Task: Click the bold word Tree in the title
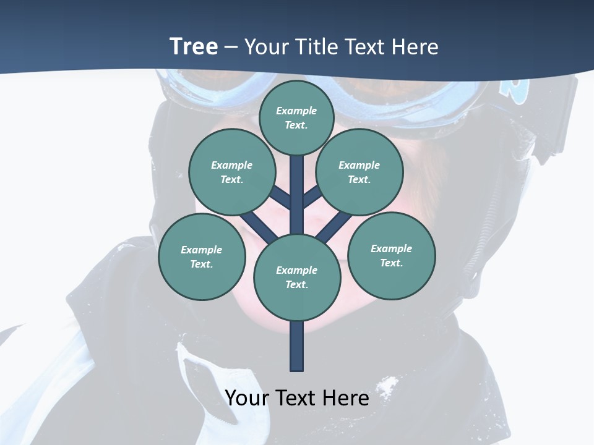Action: pos(194,46)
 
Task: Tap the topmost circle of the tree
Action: pos(296,117)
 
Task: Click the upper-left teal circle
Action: pos(231,172)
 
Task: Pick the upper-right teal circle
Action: pos(359,172)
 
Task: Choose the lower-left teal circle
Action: pos(202,256)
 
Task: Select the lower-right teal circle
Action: pos(392,255)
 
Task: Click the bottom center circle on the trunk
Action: pos(296,277)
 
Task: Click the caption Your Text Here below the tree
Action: pos(297,398)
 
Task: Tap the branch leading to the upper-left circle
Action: pos(280,197)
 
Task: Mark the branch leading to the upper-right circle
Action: pos(312,197)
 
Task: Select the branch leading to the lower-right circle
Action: pos(335,226)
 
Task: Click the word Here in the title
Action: pos(415,46)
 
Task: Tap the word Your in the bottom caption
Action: pos(248,398)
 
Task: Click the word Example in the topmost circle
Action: pos(296,111)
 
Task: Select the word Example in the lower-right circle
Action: pos(391,248)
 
